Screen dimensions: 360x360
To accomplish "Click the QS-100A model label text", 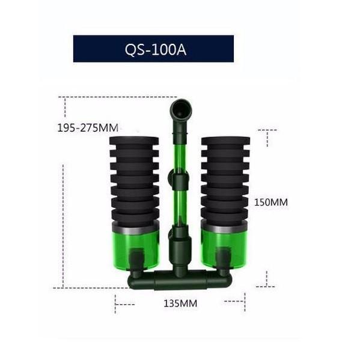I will click(154, 49).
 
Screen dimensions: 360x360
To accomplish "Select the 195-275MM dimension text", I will click(88, 127).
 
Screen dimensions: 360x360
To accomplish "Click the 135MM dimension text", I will click(180, 304).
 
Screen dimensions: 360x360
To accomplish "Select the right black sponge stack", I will click(225, 180).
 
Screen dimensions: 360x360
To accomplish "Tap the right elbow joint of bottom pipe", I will click(224, 278).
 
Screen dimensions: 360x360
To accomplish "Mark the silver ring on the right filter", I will click(225, 228).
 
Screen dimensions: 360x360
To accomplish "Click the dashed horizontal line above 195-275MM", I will click(120, 97).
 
